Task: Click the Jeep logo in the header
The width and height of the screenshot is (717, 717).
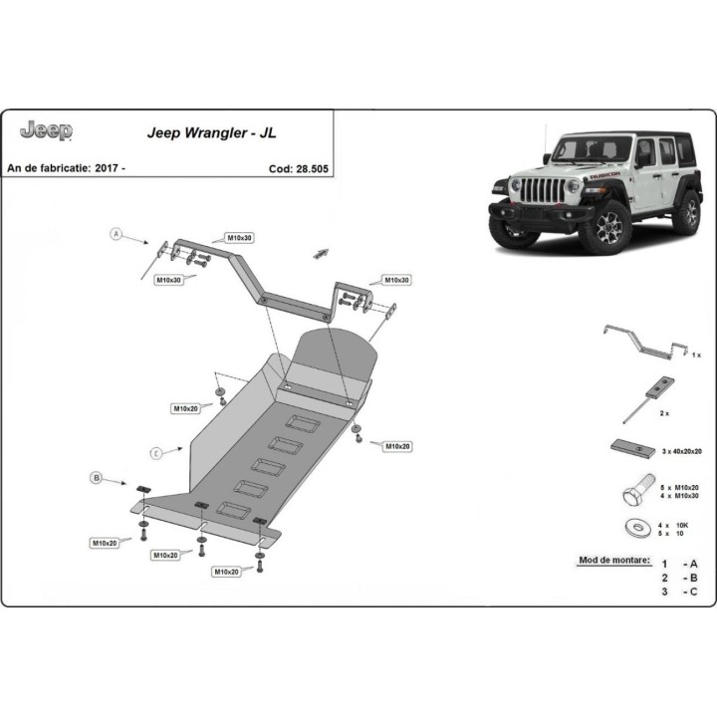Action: (46, 130)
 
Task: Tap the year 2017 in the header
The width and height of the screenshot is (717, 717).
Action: (110, 168)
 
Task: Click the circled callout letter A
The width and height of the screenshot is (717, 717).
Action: (116, 235)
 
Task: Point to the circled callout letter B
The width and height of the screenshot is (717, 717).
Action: (97, 479)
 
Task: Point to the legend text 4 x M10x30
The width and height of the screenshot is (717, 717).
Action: (682, 495)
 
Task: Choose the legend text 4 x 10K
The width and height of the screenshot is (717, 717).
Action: (676, 524)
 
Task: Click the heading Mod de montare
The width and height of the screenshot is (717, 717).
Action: (614, 561)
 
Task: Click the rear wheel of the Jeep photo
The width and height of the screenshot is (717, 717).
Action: (686, 210)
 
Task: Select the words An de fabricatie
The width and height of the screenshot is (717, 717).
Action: (49, 168)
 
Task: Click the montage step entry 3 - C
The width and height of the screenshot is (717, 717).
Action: (678, 593)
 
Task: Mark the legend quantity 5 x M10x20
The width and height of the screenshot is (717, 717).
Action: (682, 486)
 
